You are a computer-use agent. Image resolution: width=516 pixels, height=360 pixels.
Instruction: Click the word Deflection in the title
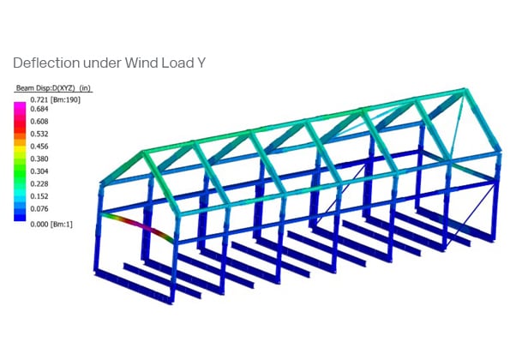pos(46,63)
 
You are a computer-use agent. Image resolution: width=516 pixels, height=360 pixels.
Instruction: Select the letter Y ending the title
pos(201,63)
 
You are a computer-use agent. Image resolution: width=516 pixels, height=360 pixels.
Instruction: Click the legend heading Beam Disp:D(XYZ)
pos(45,88)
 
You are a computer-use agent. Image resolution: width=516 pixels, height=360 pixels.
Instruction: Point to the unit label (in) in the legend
pos(85,88)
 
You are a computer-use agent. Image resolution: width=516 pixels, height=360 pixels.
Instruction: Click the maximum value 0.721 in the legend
pos(39,99)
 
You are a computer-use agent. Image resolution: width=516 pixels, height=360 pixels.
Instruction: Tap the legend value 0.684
pos(39,109)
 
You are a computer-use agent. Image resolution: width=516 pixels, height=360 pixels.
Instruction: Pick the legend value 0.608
pos(39,122)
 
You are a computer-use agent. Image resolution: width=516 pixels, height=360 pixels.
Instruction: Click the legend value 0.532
pos(39,134)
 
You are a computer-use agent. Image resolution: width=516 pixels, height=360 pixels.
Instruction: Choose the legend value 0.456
pos(39,147)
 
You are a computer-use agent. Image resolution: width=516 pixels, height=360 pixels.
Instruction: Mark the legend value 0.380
pos(39,159)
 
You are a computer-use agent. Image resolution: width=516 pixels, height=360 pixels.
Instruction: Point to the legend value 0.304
pos(39,171)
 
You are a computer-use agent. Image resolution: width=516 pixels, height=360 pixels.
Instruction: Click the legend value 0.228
pos(39,184)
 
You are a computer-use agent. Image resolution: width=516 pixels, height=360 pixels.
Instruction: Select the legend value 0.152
pos(39,196)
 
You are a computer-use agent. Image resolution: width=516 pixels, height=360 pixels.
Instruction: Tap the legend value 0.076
pos(39,209)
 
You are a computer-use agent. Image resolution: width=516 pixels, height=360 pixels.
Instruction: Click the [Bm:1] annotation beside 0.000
pos(61,225)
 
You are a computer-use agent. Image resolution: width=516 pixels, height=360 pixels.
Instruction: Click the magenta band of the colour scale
pos(20,108)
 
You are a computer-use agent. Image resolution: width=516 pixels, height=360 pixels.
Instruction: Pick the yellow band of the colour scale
pos(20,149)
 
